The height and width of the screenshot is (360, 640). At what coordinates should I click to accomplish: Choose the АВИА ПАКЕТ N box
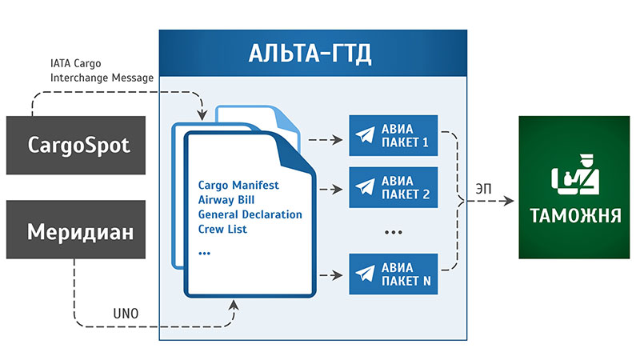(394, 273)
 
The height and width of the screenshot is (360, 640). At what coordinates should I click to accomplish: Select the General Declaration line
(250, 214)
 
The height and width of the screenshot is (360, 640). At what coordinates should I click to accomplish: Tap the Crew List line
(222, 229)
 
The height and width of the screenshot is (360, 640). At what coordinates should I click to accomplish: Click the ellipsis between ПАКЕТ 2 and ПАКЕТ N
(394, 231)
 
